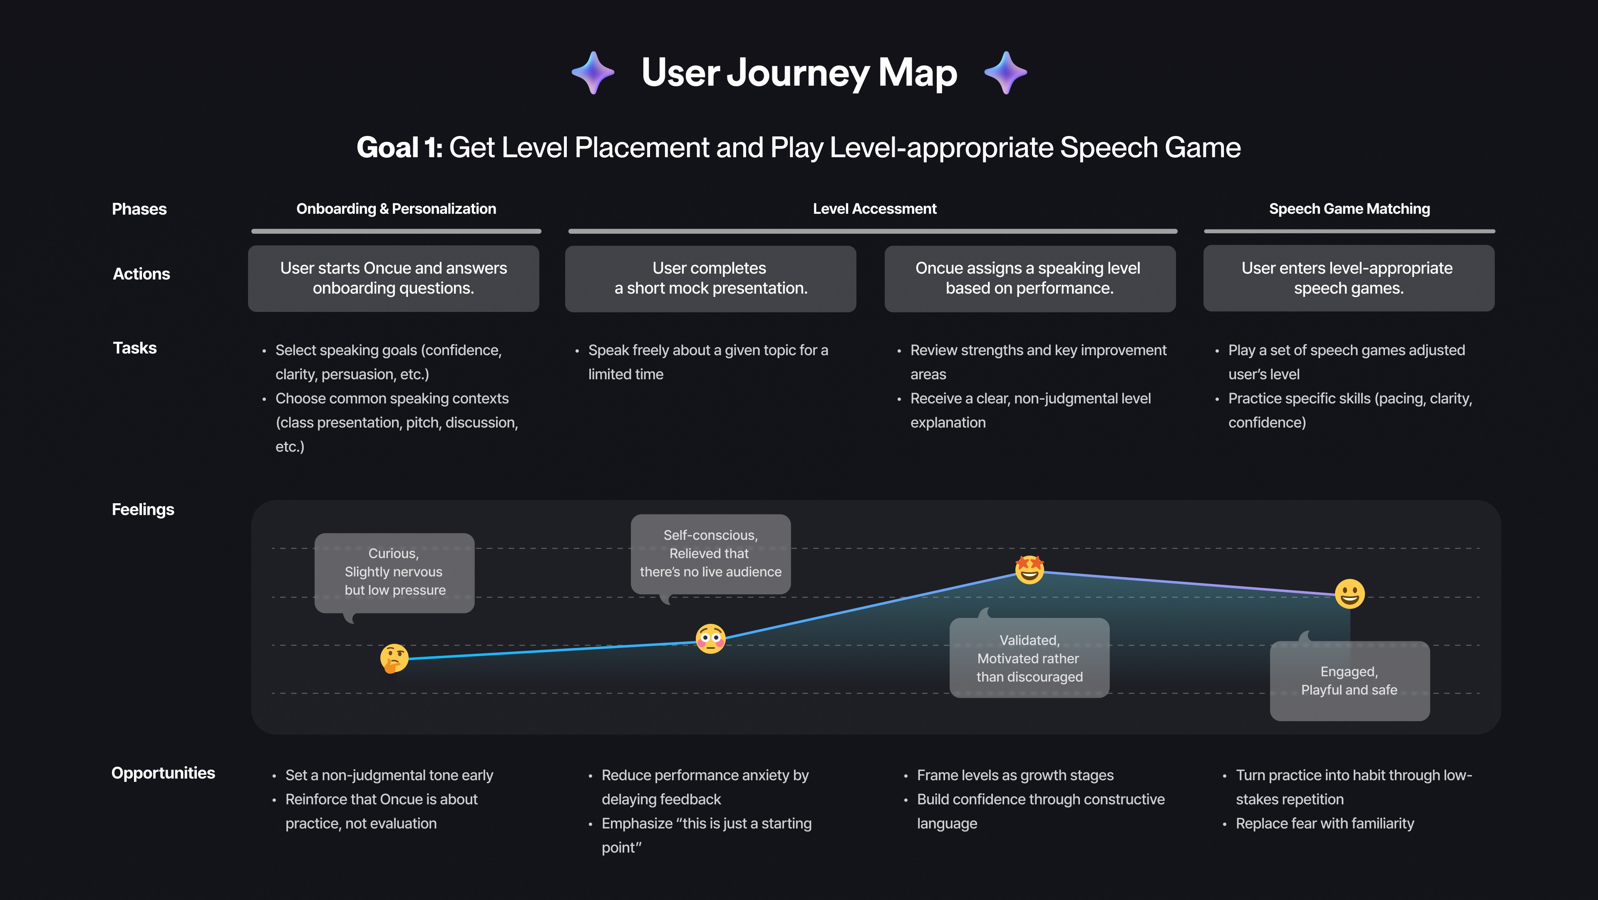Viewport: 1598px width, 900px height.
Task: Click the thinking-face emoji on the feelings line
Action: coord(394,658)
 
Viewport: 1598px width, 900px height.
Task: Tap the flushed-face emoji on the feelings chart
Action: coord(710,639)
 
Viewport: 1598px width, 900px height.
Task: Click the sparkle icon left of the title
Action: coord(593,72)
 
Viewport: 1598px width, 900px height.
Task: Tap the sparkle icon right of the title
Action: coord(1005,72)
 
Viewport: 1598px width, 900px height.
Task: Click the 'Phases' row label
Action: coord(139,209)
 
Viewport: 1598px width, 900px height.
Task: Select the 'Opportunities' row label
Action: coord(163,773)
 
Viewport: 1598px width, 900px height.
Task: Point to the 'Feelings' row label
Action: coord(143,509)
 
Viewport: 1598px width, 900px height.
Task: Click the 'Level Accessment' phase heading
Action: coord(874,209)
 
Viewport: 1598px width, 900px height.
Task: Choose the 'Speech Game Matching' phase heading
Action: coord(1349,209)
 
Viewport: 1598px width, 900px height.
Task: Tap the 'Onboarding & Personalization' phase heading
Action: coord(396,209)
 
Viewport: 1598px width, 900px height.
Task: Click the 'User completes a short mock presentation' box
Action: coord(710,278)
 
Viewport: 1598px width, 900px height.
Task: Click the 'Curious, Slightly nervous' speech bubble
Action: coord(394,572)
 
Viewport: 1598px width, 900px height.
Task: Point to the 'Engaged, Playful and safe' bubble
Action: coord(1349,680)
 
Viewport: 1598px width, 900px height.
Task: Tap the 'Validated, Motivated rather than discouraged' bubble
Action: coord(1029,658)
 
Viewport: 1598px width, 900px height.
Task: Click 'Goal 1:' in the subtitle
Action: coord(399,148)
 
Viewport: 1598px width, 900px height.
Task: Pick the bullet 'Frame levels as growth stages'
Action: coord(1015,775)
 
